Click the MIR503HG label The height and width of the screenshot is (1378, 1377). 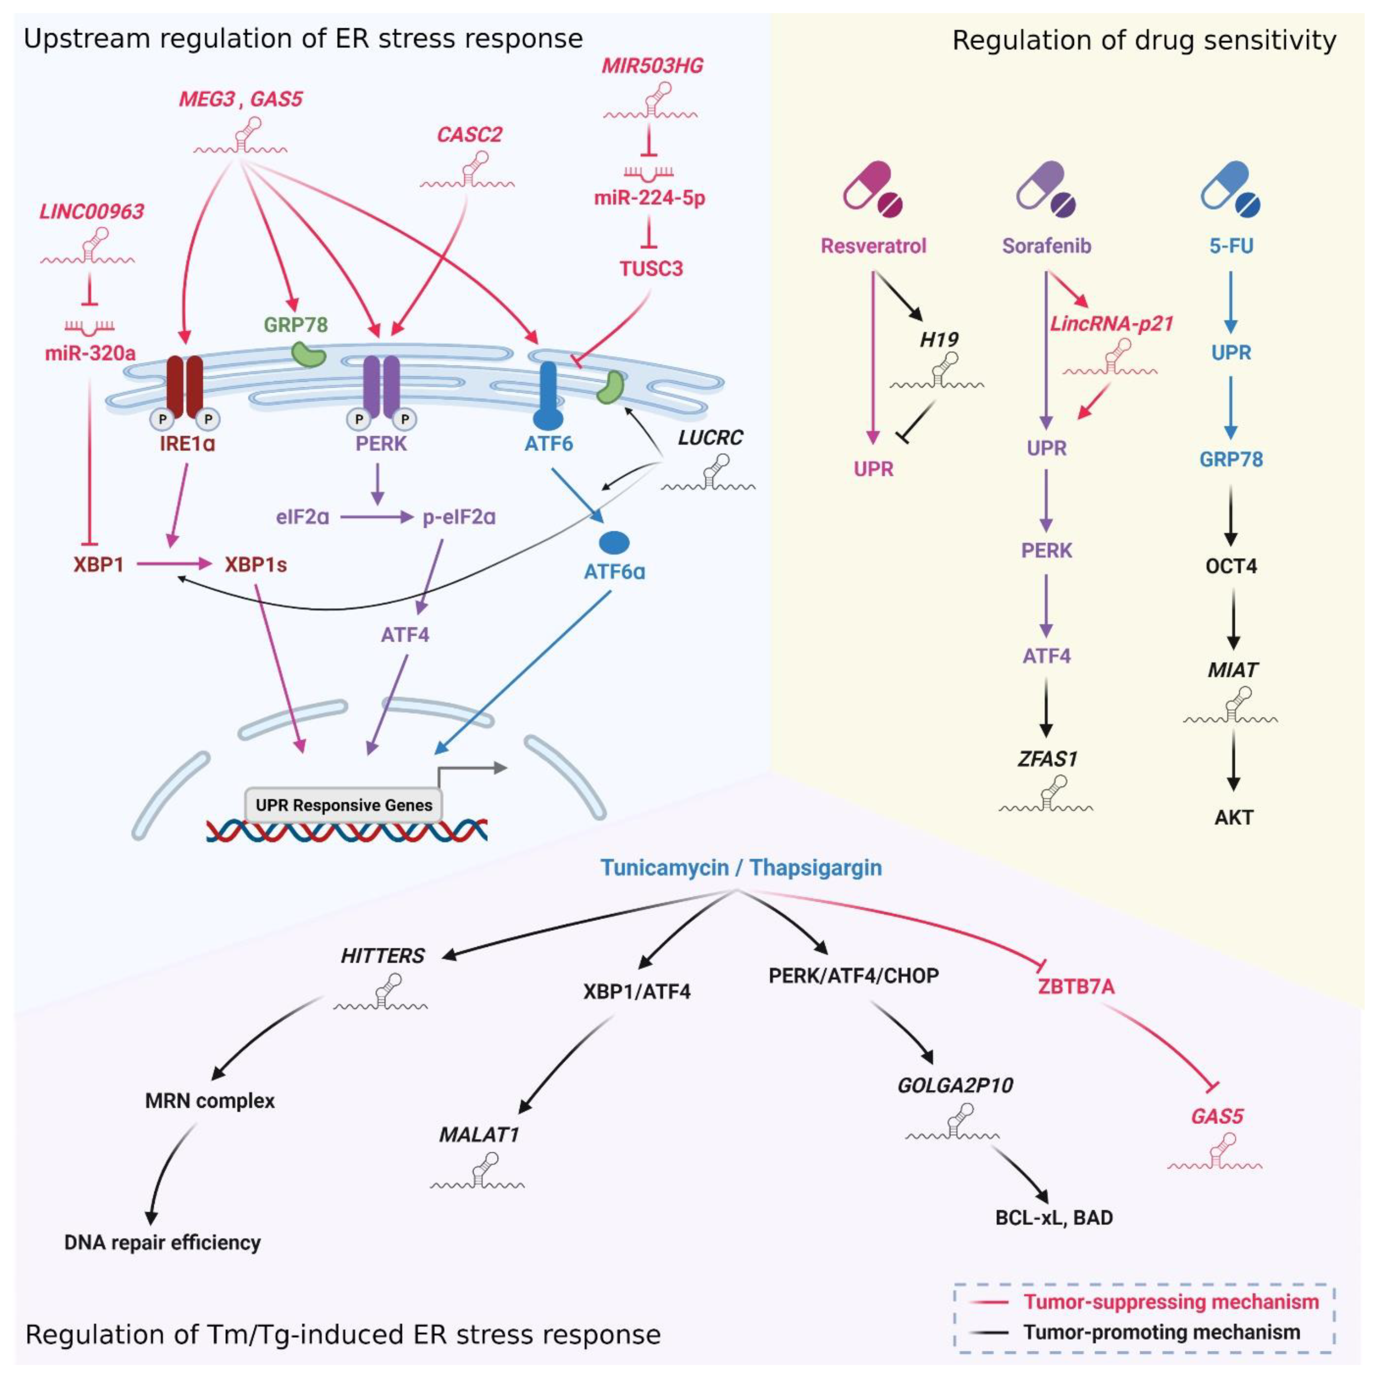click(652, 66)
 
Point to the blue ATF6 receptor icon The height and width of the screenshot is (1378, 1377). click(548, 396)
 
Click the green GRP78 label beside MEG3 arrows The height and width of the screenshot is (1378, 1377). click(295, 325)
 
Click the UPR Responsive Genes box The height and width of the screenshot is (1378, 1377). click(343, 805)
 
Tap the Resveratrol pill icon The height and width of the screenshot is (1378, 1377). click(872, 189)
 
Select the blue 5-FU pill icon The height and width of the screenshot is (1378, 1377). click(1230, 189)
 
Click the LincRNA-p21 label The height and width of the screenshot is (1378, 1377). click(1111, 324)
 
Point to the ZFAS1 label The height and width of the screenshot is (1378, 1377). click(1047, 759)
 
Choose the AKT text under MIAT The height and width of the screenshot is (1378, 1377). click(1233, 818)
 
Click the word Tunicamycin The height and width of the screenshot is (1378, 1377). click(664, 868)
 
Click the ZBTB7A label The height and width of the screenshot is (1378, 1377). click(1076, 987)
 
